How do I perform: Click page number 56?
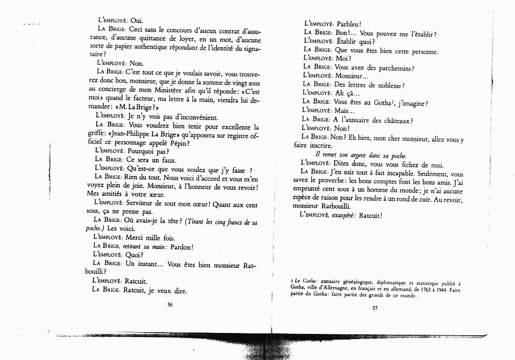coord(170,305)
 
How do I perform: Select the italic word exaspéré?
coord(345,216)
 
